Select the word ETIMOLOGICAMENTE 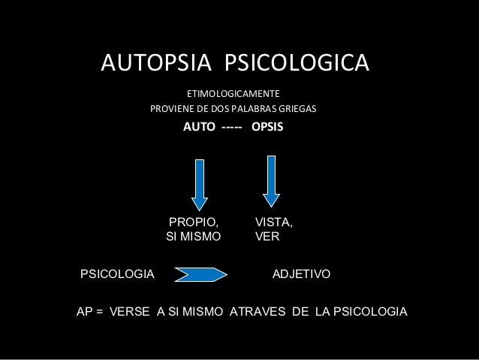233,95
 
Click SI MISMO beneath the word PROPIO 193,237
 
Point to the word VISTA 274,222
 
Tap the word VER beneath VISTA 267,237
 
